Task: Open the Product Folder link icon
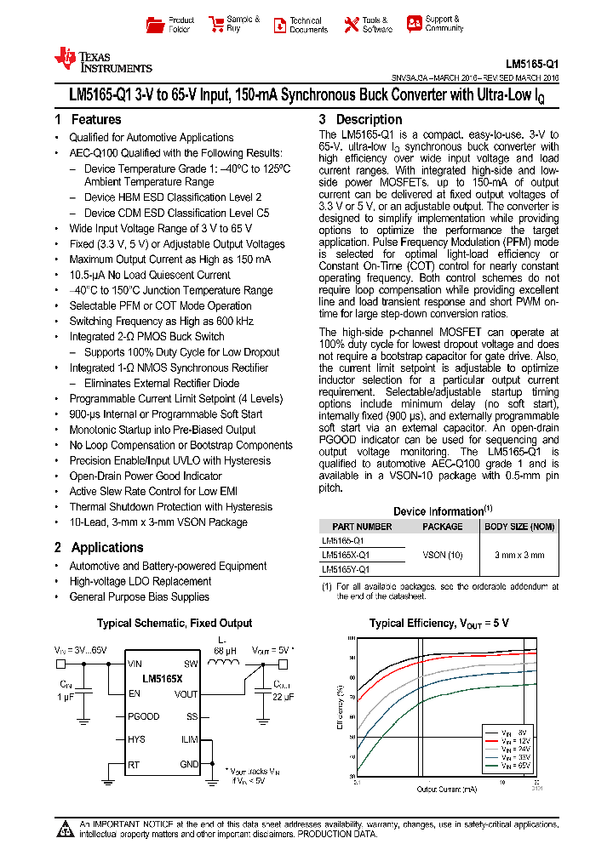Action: [x=155, y=25]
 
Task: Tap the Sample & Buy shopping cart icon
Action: [x=215, y=25]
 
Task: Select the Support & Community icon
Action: [x=414, y=24]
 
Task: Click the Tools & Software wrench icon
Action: [x=351, y=25]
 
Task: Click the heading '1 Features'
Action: [x=88, y=120]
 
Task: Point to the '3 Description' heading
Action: [x=360, y=120]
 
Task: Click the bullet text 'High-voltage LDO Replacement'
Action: [x=140, y=581]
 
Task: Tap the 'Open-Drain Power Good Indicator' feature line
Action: [x=146, y=476]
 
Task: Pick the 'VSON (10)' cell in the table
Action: [x=443, y=555]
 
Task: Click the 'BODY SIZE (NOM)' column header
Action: [x=518, y=527]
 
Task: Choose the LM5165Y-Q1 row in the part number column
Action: [x=346, y=569]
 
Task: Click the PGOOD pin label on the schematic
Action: [x=144, y=716]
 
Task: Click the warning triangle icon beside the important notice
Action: [x=65, y=829]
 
